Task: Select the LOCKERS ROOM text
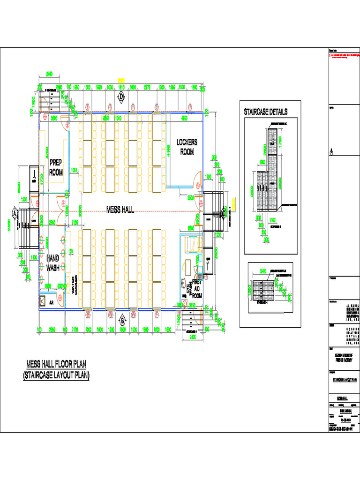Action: pyautogui.click(x=187, y=146)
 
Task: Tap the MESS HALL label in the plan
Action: pyautogui.click(x=120, y=210)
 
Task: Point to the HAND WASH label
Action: pyautogui.click(x=52, y=262)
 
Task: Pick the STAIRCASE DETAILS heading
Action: pyautogui.click(x=265, y=112)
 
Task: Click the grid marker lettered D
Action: pyautogui.click(x=121, y=97)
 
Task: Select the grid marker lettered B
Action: pyautogui.click(x=122, y=321)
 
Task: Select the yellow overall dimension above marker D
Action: pyautogui.click(x=121, y=80)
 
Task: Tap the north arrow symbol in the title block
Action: pyautogui.click(x=331, y=152)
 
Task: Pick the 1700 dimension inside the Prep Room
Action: pyautogui.click(x=42, y=179)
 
